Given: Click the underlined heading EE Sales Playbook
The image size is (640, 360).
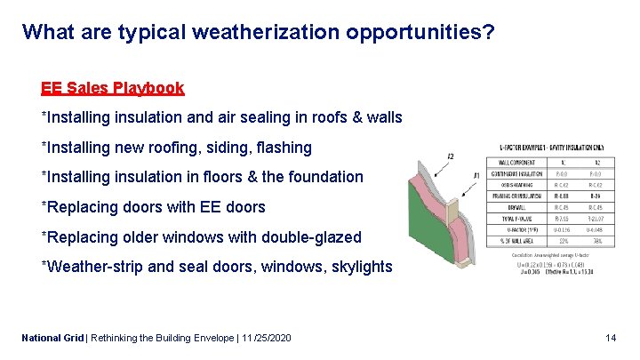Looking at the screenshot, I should pyautogui.click(x=113, y=88).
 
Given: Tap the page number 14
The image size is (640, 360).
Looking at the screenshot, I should pyautogui.click(x=610, y=338).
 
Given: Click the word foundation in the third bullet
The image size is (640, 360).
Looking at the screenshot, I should pyautogui.click(x=323, y=177).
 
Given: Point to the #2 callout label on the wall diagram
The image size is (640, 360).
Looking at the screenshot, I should pyautogui.click(x=450, y=156).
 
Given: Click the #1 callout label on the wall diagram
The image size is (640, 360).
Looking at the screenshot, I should pyautogui.click(x=476, y=174).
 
